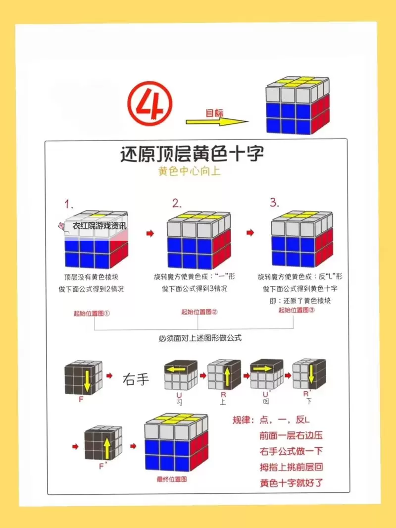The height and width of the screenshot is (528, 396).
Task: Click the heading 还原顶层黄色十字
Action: click(193, 154)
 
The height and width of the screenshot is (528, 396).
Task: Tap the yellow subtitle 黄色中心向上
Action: click(189, 171)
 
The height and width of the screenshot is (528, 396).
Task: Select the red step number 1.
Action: click(69, 204)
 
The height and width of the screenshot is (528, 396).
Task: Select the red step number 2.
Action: click(177, 203)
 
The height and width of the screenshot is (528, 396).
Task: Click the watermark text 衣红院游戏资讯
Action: click(99, 226)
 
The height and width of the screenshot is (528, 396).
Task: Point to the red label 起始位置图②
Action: click(199, 312)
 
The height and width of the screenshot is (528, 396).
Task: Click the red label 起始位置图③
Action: click(297, 310)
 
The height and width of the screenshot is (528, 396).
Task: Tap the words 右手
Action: click(136, 380)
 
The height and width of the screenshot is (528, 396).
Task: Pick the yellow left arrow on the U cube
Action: click(180, 369)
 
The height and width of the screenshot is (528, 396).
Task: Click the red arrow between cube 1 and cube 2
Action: click(150, 233)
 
